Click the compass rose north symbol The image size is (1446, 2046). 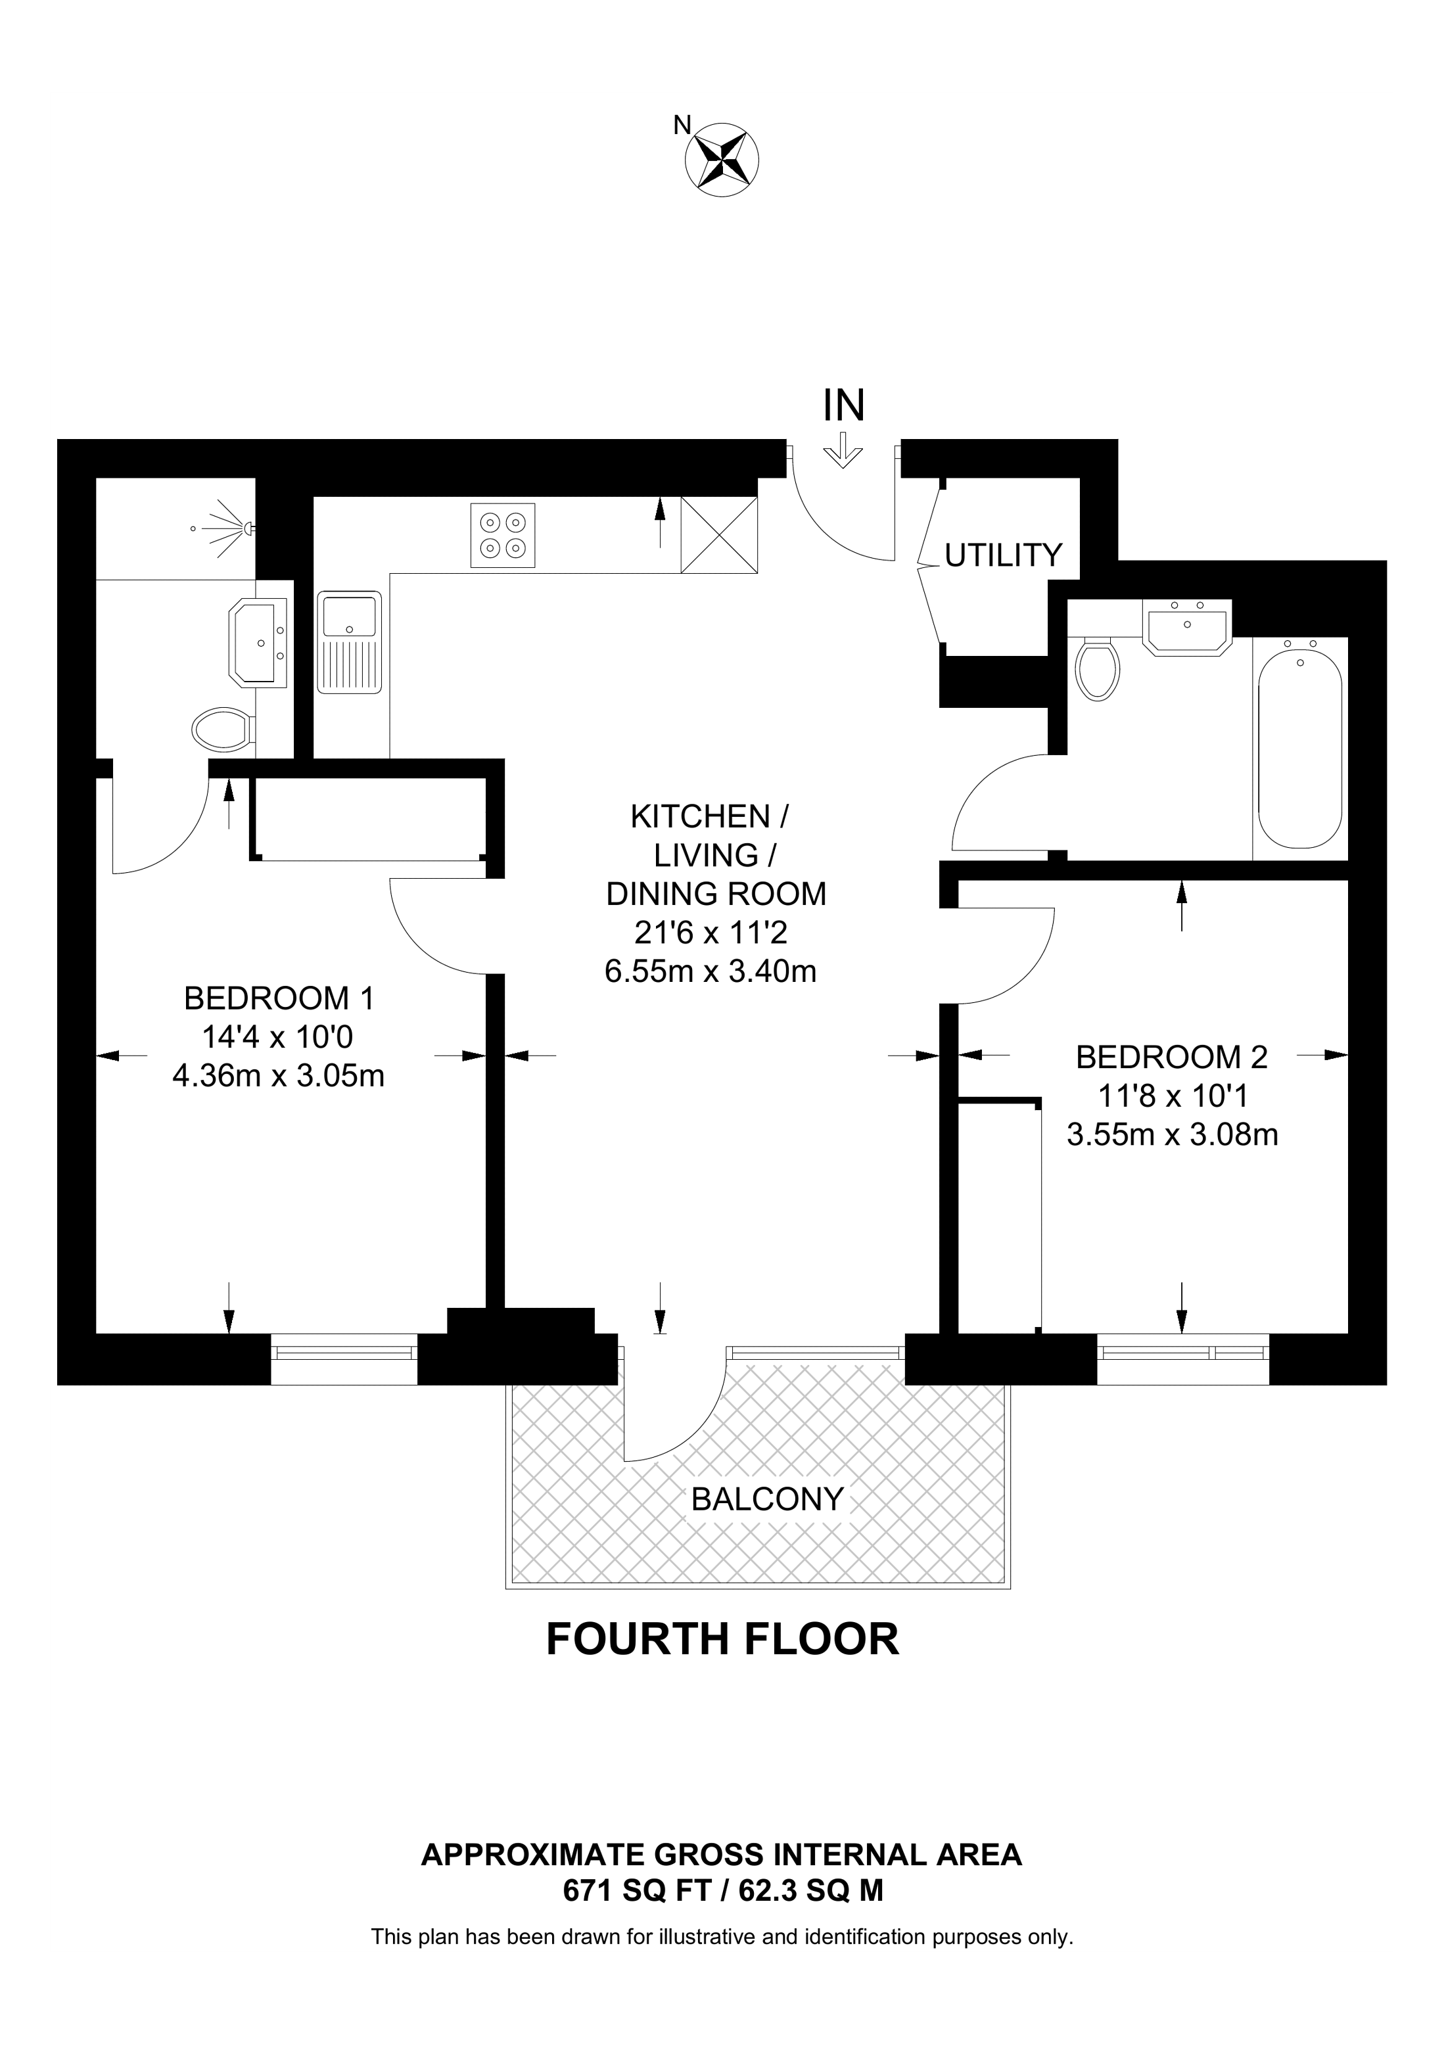721,160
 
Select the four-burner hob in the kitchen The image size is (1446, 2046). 503,536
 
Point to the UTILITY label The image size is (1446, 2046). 1003,555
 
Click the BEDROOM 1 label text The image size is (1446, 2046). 279,998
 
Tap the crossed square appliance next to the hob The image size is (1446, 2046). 719,535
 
